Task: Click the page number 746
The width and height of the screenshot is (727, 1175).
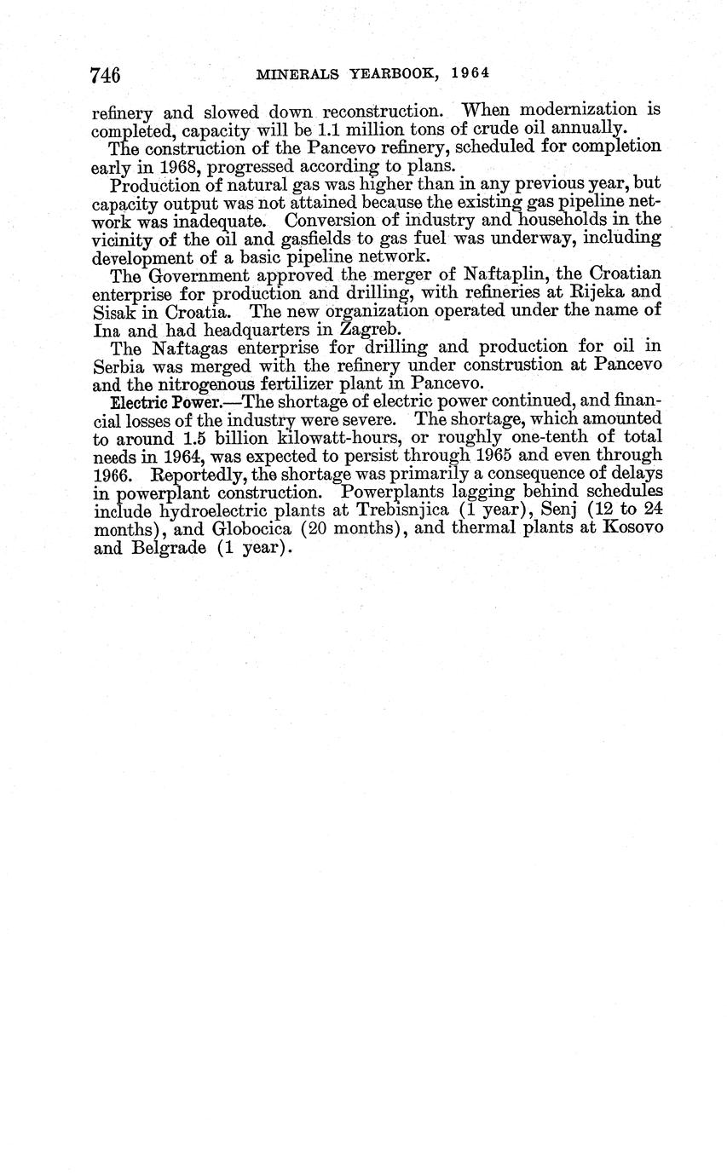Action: point(106,76)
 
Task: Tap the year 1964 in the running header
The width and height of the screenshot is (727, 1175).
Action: point(470,73)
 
